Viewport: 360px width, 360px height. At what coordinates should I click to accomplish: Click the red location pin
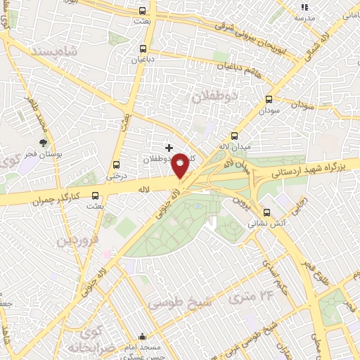181,165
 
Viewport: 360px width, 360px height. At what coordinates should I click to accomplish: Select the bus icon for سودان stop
269,100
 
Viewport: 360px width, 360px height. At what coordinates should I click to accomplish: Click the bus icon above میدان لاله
235,136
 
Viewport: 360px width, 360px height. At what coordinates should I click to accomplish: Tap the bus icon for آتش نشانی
266,212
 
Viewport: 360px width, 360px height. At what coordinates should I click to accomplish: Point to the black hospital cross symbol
168,148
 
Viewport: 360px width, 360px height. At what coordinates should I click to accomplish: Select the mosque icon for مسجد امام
143,336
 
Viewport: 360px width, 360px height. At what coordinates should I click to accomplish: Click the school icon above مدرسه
304,7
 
